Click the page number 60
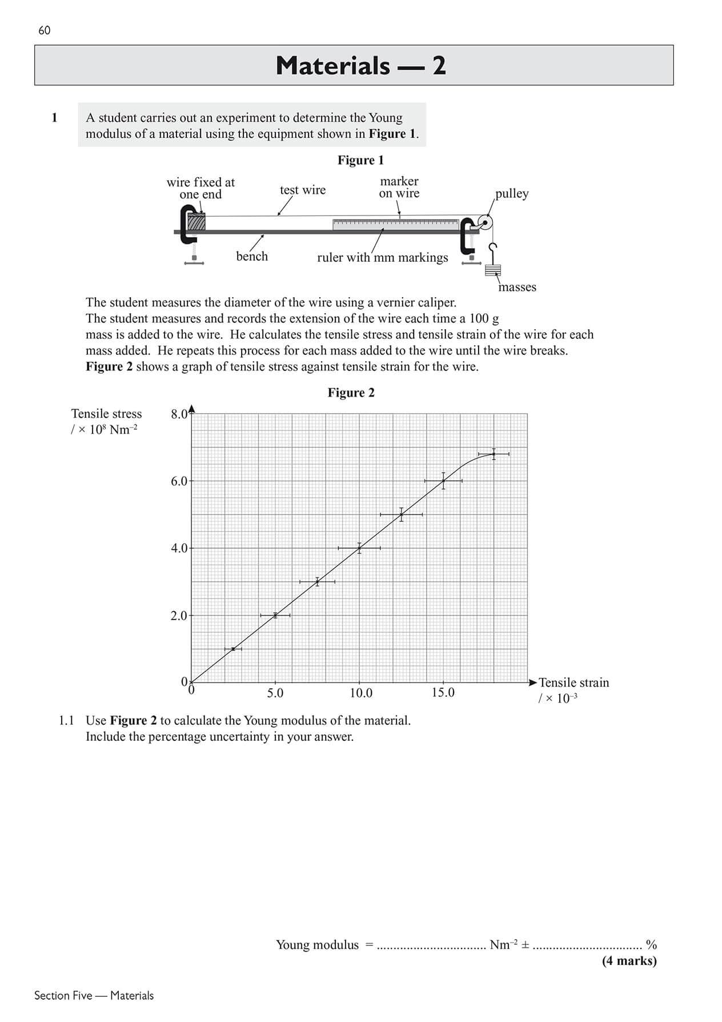(44, 30)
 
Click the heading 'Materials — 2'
(360, 66)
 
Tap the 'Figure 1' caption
(360, 160)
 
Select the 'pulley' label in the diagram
(512, 193)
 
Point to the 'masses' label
(517, 287)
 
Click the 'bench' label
(252, 256)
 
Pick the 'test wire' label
(302, 190)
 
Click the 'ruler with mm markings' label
(382, 257)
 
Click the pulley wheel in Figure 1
(485, 223)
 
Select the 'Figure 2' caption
(351, 393)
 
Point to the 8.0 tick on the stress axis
(179, 414)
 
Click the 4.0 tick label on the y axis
(179, 548)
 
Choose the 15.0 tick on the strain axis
(443, 693)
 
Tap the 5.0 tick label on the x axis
(275, 693)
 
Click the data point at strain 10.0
(359, 548)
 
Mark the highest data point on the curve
(494, 454)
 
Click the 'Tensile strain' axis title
(573, 682)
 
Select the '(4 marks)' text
(629, 960)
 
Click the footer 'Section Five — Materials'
(94, 995)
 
